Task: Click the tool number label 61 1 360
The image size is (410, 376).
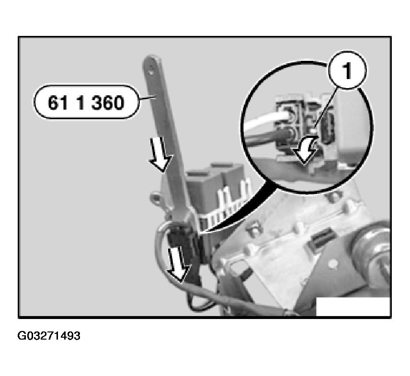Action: point(86,103)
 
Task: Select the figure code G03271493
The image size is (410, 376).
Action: point(49,336)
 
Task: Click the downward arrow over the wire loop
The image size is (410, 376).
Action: point(178,266)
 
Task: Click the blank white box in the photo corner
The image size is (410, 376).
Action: point(353,307)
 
